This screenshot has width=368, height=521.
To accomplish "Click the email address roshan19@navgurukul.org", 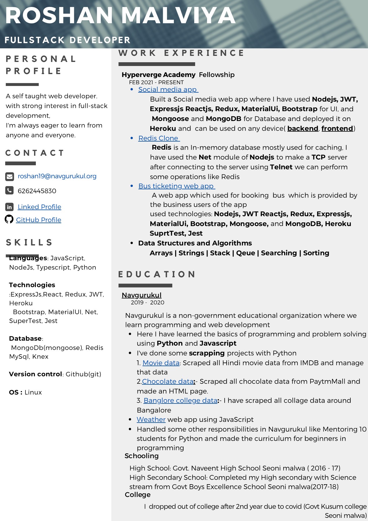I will point(57,176).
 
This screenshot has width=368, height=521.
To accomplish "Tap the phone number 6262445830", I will point(37,191).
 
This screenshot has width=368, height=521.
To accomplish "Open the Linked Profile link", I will point(39,207).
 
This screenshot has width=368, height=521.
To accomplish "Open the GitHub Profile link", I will point(38,220).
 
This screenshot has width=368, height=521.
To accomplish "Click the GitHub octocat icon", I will point(9,219).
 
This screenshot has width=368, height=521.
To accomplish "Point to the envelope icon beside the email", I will point(10,176).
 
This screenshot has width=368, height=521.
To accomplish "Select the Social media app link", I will point(168,89).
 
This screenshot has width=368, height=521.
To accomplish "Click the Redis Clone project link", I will point(159,138).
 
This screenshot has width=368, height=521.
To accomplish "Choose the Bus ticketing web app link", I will point(176,186).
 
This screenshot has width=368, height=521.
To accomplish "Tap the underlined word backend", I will point(303,129).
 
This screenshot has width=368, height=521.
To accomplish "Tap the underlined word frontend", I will point(337,129).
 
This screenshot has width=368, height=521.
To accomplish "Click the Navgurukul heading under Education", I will point(142,295).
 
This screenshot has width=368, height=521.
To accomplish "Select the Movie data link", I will point(161,363).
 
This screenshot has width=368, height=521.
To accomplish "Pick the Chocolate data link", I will point(168,381).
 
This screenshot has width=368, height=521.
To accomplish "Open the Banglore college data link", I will point(180,400).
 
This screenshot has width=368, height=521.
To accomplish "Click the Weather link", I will point(151,419).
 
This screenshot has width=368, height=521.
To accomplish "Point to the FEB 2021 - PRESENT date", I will point(156,82).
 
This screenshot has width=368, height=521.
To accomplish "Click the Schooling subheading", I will point(142,456).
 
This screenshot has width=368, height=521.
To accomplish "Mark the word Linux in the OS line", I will point(33,392).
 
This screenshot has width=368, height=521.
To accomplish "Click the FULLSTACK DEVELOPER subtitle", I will point(67,40).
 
